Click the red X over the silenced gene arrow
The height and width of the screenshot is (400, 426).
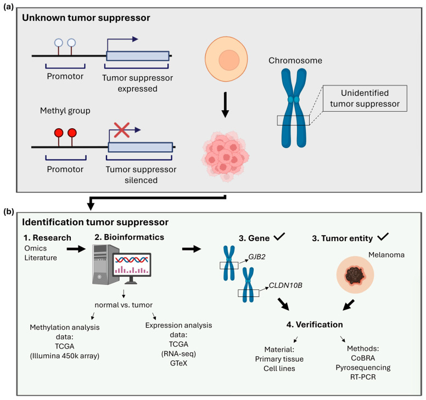tap(121, 130)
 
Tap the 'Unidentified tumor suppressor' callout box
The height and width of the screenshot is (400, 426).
tap(365, 98)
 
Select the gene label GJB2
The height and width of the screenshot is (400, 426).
tap(257, 256)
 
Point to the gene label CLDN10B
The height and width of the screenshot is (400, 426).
tap(285, 285)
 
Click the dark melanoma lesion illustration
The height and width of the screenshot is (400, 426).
tap(355, 275)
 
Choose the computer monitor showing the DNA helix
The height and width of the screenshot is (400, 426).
tap(132, 267)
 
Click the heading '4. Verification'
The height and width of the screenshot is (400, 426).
tap(315, 324)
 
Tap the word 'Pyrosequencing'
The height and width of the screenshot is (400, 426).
tap(363, 368)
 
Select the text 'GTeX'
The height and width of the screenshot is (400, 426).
tap(178, 363)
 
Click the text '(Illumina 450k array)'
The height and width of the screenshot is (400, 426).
tap(65, 356)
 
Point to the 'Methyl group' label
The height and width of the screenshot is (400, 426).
tap(65, 111)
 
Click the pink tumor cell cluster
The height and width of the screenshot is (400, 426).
tap(225, 156)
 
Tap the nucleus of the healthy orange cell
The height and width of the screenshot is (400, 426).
tap(229, 60)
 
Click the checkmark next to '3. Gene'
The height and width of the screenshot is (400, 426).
tap(279, 237)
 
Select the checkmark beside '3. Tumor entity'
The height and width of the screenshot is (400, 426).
tap(383, 237)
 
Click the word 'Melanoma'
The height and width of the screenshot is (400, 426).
tap(386, 255)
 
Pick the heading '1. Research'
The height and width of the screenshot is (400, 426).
tap(47, 238)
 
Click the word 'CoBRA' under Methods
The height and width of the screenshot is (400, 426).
tap(363, 358)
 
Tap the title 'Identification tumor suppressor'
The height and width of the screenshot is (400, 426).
tap(95, 222)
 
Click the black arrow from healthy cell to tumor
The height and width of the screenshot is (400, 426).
tap(225, 105)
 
